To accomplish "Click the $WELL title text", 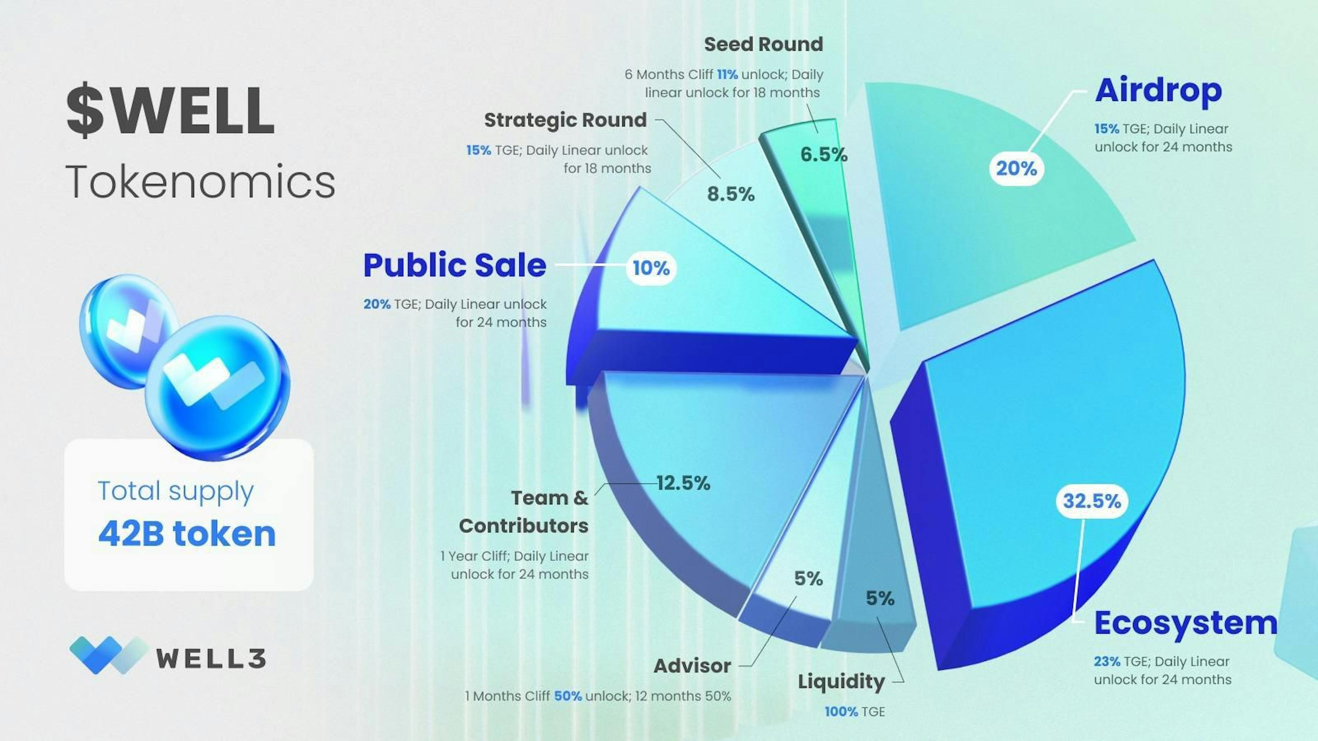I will pyautogui.click(x=170, y=111).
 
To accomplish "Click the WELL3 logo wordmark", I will pyautogui.click(x=211, y=659).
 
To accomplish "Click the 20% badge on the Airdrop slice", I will pyautogui.click(x=1016, y=168).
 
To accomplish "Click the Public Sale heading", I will pyautogui.click(x=454, y=266).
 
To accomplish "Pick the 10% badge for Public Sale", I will pyautogui.click(x=651, y=268).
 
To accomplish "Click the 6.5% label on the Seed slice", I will pyautogui.click(x=824, y=154).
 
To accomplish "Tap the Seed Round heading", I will pyautogui.click(x=763, y=45).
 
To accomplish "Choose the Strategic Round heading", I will pyautogui.click(x=565, y=120).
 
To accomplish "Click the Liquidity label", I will pyautogui.click(x=841, y=682).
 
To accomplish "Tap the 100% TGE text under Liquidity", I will pyautogui.click(x=854, y=711).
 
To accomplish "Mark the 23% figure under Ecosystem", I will pyautogui.click(x=1107, y=661).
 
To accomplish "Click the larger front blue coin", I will pyautogui.click(x=218, y=389).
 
